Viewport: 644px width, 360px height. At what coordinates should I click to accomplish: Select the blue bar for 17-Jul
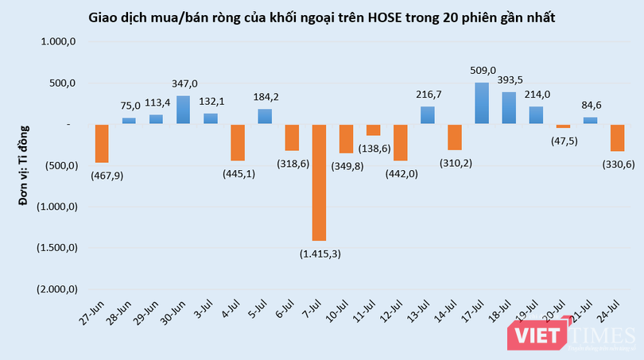482,103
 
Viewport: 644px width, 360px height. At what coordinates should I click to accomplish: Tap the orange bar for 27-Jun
102,143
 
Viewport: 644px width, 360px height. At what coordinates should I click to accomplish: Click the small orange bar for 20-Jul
563,126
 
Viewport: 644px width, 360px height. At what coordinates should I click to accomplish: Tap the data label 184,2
265,98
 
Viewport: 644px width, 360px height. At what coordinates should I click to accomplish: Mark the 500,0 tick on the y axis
61,83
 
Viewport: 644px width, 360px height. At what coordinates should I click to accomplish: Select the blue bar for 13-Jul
428,115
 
